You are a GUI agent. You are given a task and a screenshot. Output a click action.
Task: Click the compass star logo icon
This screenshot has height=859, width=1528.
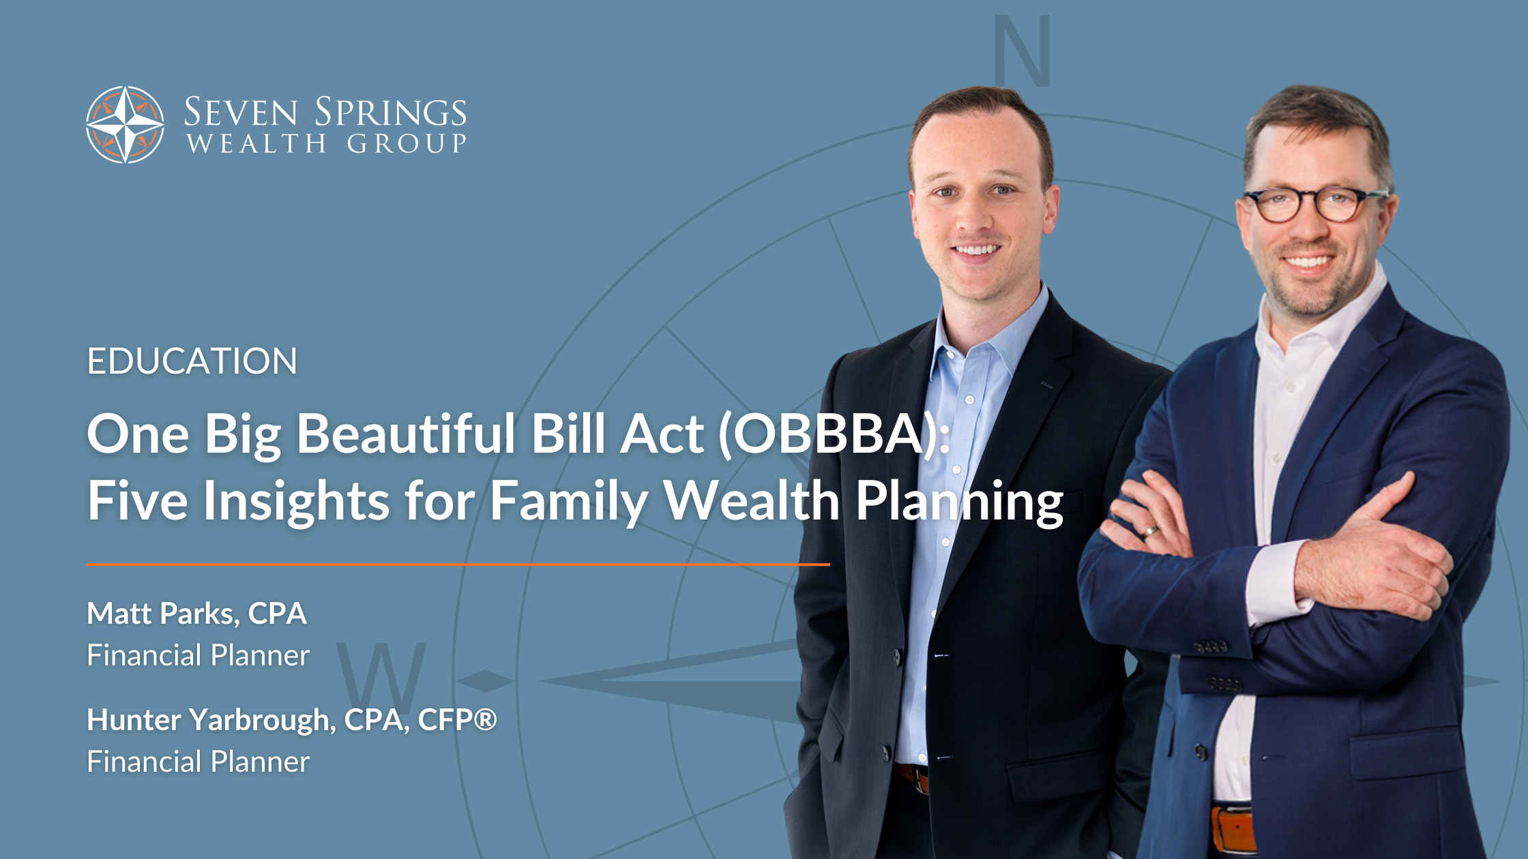125,125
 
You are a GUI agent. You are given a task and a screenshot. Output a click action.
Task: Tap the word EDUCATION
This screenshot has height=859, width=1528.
192,361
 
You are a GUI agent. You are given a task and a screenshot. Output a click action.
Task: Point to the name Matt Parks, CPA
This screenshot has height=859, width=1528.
196,614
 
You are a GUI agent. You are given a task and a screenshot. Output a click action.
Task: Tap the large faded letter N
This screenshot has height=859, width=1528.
1022,51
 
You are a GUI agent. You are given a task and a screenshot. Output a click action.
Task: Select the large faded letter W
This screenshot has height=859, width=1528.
381,676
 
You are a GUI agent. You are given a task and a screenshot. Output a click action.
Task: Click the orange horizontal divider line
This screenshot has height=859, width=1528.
458,564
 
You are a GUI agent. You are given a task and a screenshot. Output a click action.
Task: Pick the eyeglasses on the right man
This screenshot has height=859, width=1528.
1313,205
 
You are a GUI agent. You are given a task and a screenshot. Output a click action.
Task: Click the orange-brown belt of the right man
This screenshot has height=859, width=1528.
1233,829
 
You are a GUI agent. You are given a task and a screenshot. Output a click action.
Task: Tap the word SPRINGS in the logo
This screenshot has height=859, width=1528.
390,112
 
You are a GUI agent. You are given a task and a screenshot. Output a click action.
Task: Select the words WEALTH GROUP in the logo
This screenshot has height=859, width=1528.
326,143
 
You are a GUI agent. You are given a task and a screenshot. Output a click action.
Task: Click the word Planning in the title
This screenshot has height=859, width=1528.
959,502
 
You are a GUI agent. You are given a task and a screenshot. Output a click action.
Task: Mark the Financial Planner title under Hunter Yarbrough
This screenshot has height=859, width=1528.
198,762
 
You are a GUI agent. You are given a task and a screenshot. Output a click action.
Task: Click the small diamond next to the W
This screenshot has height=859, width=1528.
485,680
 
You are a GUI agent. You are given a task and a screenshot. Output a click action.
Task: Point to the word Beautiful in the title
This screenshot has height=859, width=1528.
406,434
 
